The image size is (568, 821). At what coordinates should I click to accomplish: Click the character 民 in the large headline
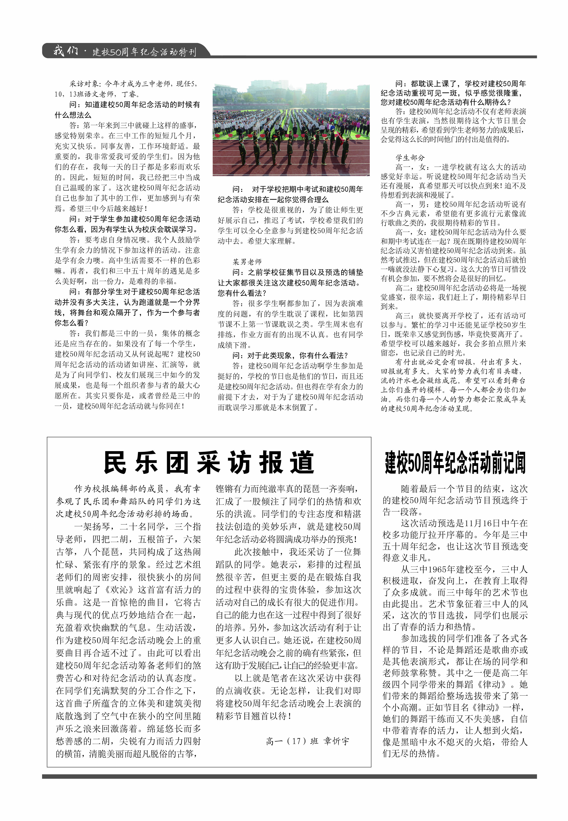(x=115, y=462)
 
